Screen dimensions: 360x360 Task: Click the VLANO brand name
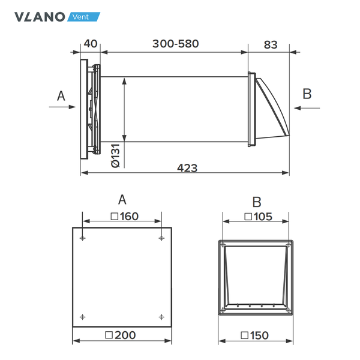pyautogui.click(x=40, y=16)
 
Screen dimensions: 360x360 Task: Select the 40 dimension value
pyautogui.click(x=91, y=43)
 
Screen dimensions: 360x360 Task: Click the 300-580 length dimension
pyautogui.click(x=175, y=43)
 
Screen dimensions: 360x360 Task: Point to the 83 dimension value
pyautogui.click(x=271, y=43)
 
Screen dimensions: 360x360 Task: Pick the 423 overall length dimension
pyautogui.click(x=187, y=167)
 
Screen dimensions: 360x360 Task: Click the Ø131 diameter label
pyautogui.click(x=115, y=155)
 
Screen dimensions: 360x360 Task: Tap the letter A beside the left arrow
pyautogui.click(x=60, y=95)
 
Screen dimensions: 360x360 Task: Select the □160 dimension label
pyautogui.click(x=122, y=216)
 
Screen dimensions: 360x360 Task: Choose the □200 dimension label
pyautogui.click(x=122, y=335)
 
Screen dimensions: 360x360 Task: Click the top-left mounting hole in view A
pyautogui.click(x=82, y=238)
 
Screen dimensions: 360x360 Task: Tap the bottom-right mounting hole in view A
pyautogui.click(x=161, y=316)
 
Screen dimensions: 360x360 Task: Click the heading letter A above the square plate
pyautogui.click(x=122, y=200)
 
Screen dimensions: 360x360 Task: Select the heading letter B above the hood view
pyautogui.click(x=256, y=202)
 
